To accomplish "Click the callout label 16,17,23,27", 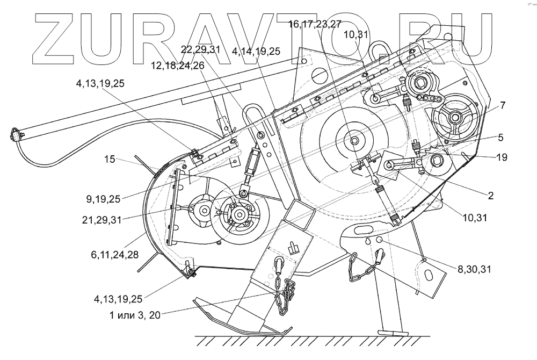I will [315, 24].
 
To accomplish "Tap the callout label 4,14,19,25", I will [256, 51].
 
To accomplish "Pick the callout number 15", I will [109, 160].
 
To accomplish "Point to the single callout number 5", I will [500, 137].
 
